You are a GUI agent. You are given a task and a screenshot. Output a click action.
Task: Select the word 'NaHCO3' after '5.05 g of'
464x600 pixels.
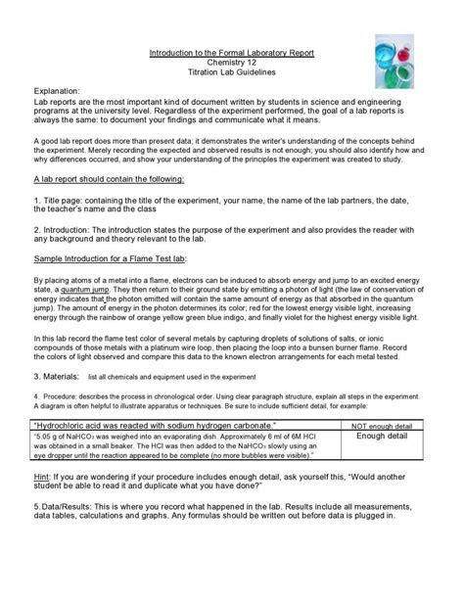(89, 438)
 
